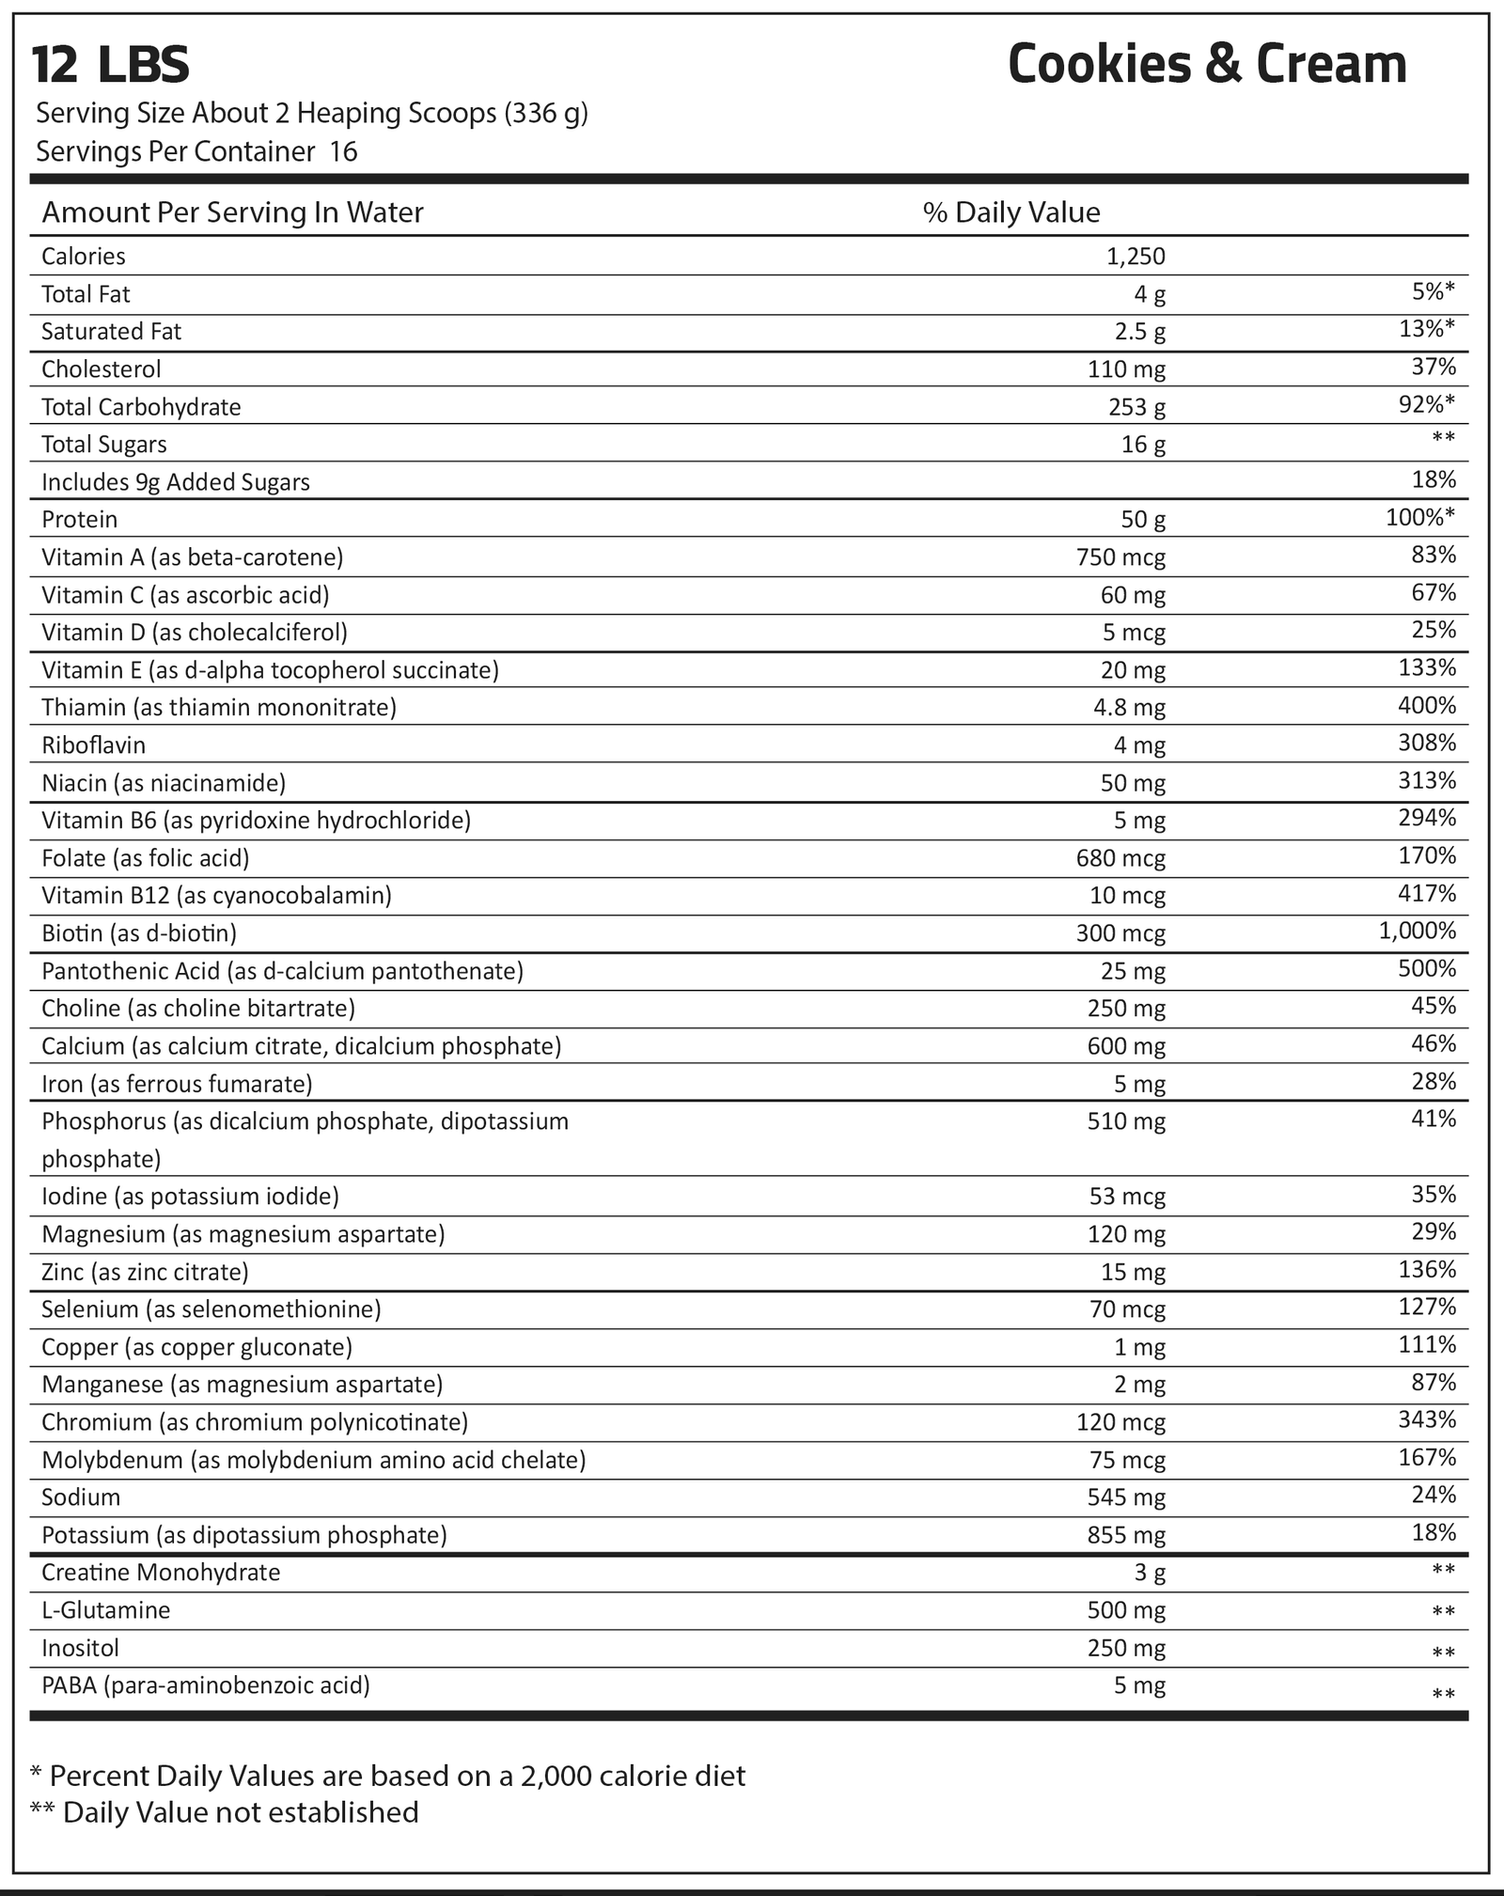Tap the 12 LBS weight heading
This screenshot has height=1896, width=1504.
coord(111,66)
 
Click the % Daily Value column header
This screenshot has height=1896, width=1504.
coord(1011,212)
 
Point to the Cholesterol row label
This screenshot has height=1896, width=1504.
coord(102,369)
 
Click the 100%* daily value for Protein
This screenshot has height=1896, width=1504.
coord(1420,518)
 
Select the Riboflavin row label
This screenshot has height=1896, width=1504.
coord(94,745)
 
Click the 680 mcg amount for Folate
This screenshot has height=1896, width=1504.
coord(1120,858)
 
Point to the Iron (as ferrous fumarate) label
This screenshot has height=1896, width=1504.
coord(177,1085)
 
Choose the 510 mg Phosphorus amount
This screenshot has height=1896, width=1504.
coord(1126,1121)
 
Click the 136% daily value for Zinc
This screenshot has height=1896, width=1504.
coord(1427,1270)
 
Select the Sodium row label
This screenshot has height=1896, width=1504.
coord(81,1497)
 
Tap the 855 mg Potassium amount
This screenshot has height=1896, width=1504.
coord(1126,1535)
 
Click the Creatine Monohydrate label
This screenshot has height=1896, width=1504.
coord(161,1573)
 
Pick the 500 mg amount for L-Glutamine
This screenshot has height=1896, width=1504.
coord(1126,1610)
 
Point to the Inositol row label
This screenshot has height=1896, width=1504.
coord(80,1648)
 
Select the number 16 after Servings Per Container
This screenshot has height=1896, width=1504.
coord(344,152)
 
